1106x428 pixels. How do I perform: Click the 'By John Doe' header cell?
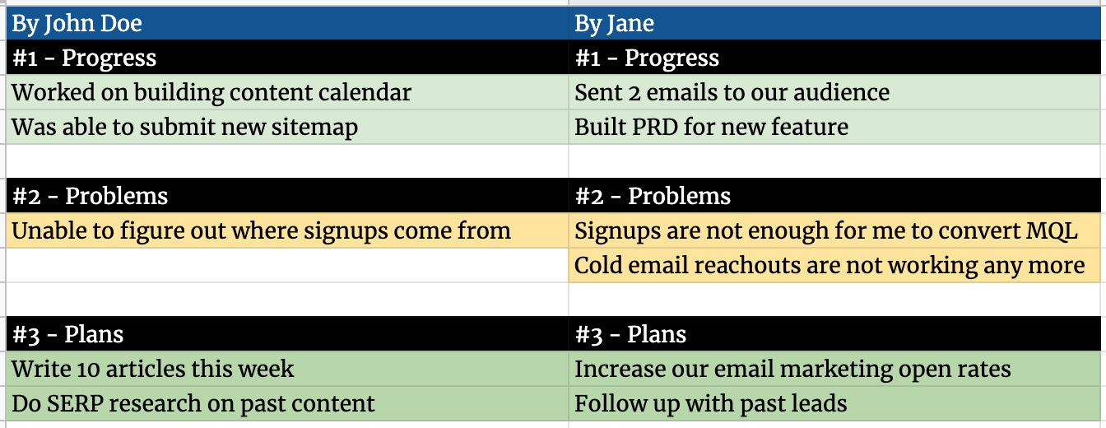point(287,23)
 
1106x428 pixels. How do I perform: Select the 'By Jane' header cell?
point(835,23)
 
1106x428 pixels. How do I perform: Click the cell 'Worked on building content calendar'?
point(287,92)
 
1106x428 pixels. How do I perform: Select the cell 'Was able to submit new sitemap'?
point(287,127)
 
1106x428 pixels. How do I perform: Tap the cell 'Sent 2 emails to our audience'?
point(835,92)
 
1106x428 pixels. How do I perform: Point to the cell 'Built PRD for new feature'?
point(835,127)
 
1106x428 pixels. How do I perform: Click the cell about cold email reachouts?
point(835,265)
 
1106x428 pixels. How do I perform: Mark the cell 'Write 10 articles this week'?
point(287,369)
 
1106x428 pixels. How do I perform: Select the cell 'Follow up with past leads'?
point(835,403)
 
